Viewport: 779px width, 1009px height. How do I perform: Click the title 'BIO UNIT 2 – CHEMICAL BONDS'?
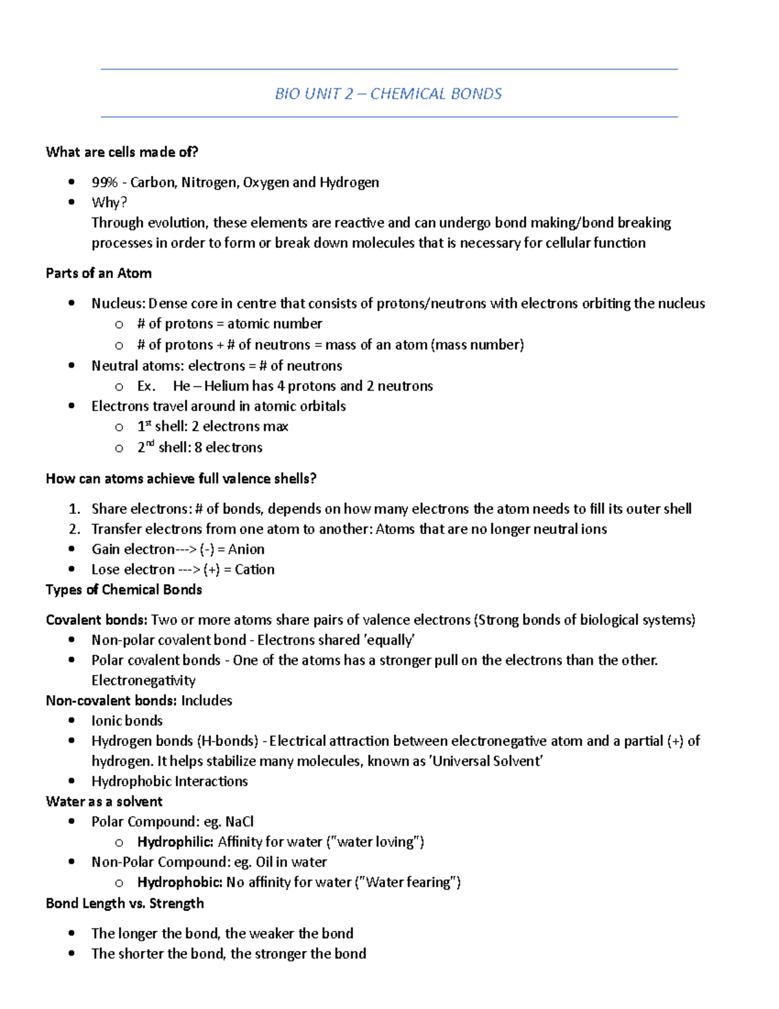[x=388, y=94]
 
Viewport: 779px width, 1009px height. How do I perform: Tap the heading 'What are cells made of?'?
[x=122, y=152]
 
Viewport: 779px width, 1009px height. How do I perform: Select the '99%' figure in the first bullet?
[x=104, y=183]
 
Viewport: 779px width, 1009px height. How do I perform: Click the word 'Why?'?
[x=109, y=203]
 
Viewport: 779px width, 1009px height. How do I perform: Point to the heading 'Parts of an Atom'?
[x=99, y=274]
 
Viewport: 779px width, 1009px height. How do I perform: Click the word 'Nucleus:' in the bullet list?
[x=118, y=303]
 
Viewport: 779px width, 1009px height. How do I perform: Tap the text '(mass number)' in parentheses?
[x=477, y=344]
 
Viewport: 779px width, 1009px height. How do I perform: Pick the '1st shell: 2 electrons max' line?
[x=212, y=427]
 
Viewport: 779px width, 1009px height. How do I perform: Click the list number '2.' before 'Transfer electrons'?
[x=74, y=529]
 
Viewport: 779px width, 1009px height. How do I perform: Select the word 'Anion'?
[x=246, y=549]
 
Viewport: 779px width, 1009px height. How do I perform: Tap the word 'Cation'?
[x=254, y=570]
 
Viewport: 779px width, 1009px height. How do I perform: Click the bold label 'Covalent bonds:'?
[x=97, y=620]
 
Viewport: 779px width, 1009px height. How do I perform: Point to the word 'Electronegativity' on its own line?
[x=143, y=680]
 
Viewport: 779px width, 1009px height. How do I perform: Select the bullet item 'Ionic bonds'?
[x=127, y=721]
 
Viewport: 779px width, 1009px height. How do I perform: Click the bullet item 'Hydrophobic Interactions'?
[x=169, y=781]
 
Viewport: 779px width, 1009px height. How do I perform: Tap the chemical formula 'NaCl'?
[x=240, y=822]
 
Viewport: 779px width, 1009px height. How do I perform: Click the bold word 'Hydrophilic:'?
[x=175, y=842]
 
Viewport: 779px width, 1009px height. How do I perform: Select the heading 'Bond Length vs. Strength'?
[x=125, y=903]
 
